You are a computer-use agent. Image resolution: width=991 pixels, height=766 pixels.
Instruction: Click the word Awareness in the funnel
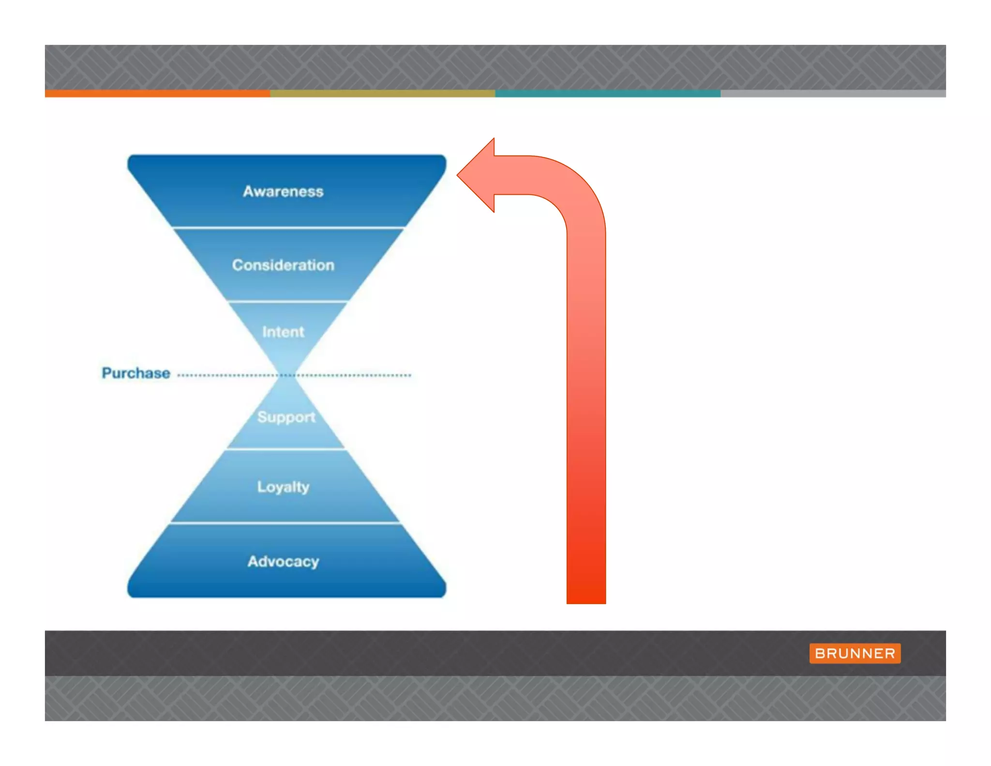tap(283, 191)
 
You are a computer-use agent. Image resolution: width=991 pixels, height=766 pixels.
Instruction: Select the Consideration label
tap(283, 265)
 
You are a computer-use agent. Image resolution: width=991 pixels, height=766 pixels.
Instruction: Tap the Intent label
tap(283, 332)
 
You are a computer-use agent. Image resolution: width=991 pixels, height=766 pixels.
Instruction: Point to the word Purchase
tap(136, 373)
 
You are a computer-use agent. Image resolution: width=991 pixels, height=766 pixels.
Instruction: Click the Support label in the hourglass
tap(286, 416)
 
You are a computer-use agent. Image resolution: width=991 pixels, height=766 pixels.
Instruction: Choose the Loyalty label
tap(283, 487)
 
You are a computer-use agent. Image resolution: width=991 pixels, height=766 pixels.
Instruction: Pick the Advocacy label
tap(283, 561)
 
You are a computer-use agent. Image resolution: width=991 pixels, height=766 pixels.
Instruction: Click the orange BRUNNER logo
tap(855, 653)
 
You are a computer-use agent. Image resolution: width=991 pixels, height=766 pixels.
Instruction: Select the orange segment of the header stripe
tap(157, 93)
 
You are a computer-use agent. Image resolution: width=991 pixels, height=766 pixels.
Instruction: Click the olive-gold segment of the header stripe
tap(382, 93)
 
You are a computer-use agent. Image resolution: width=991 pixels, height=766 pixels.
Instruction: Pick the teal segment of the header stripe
tap(608, 93)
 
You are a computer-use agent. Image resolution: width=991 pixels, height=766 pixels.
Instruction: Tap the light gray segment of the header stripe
tap(833, 93)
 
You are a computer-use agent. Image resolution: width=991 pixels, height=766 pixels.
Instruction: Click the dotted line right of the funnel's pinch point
tap(353, 375)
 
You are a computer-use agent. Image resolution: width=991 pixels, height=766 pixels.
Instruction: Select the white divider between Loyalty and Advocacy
tap(285, 523)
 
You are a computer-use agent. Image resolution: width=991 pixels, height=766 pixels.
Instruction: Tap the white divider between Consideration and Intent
tap(287, 302)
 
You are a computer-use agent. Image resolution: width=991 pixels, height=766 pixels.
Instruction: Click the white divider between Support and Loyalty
tap(286, 449)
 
